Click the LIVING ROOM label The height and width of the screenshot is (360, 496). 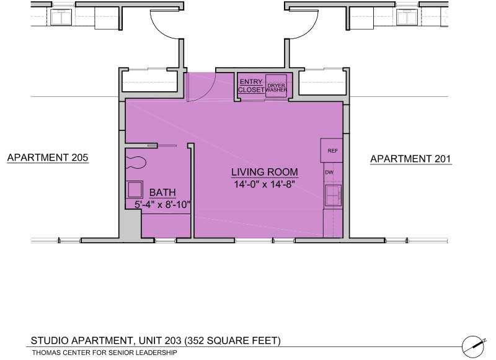265,172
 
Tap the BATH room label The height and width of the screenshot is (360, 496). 162,192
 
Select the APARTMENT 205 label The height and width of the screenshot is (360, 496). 48,158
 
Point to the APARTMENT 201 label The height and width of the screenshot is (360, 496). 410,160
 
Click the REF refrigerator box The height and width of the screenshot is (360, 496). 332,151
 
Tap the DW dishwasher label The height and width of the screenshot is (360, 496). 329,172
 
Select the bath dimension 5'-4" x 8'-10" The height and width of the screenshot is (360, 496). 162,204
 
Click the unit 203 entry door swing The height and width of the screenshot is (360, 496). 200,87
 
